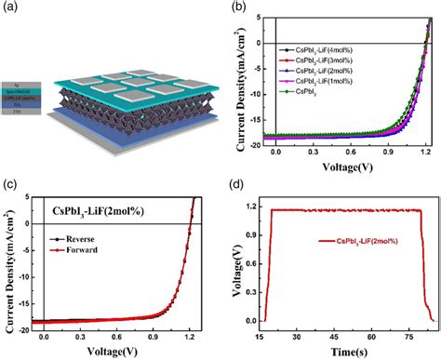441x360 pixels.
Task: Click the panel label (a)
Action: pyautogui.click(x=11, y=8)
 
